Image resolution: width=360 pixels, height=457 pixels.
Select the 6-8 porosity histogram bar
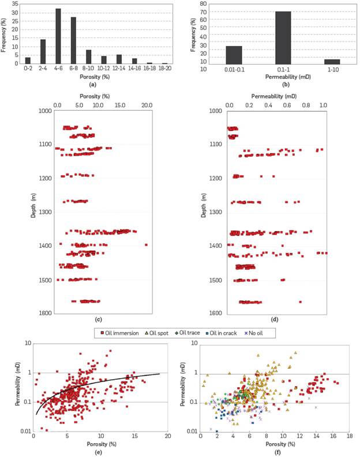74,40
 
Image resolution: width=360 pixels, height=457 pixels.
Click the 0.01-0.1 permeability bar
234,55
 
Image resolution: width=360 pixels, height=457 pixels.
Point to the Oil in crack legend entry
231,333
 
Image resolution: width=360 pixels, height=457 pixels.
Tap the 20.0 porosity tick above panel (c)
147,105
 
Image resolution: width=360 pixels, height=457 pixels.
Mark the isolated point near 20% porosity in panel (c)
146,245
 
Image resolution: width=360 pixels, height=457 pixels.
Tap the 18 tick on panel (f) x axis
347,438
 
